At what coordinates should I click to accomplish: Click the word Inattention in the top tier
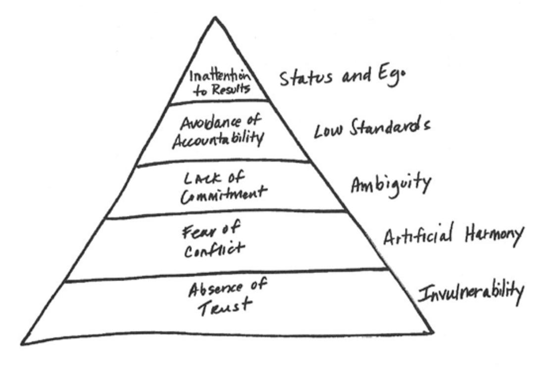217,77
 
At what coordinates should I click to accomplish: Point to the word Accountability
217,137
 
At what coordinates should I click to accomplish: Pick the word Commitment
222,193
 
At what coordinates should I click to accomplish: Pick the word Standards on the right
390,127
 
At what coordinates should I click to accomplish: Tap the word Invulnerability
470,292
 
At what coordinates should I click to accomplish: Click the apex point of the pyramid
215,18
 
